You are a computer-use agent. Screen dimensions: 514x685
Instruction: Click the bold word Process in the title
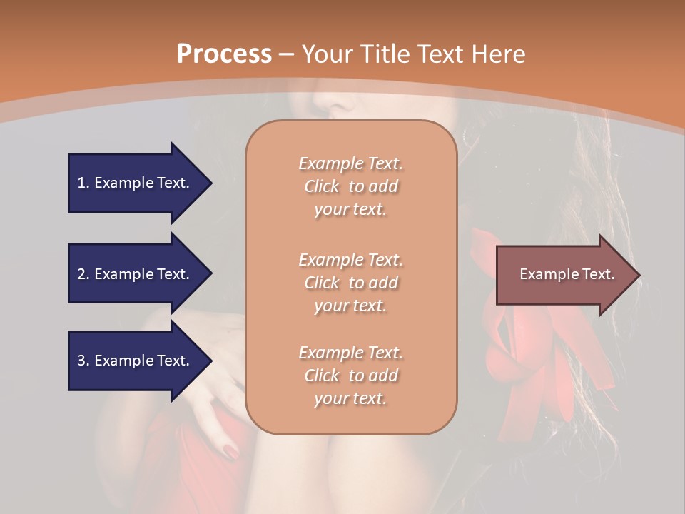pyautogui.click(x=224, y=54)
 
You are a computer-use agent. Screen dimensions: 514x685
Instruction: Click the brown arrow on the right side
pyautogui.click(x=564, y=275)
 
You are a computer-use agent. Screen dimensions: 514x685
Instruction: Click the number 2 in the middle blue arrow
pyautogui.click(x=81, y=274)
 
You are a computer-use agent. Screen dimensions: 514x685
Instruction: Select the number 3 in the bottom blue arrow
pyautogui.click(x=81, y=361)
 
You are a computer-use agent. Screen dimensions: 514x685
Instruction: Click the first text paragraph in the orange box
pyautogui.click(x=351, y=186)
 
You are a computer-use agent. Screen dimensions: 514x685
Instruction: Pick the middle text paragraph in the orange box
pyautogui.click(x=351, y=283)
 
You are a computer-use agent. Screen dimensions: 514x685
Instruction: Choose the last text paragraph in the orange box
pyautogui.click(x=351, y=376)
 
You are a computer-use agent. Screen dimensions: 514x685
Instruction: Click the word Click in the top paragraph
pyautogui.click(x=322, y=186)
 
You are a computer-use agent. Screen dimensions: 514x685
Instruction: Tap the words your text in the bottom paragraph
pyautogui.click(x=350, y=398)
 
